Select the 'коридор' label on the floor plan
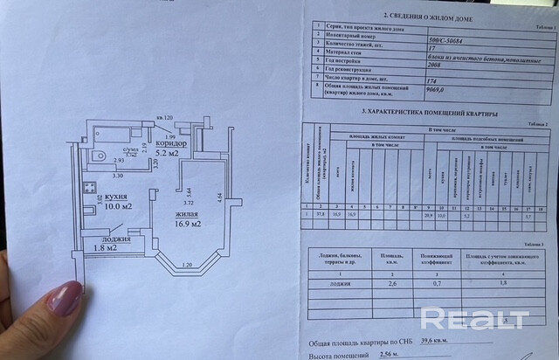point(173,142)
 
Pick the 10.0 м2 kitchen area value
point(114,207)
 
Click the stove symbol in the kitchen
point(90,186)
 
